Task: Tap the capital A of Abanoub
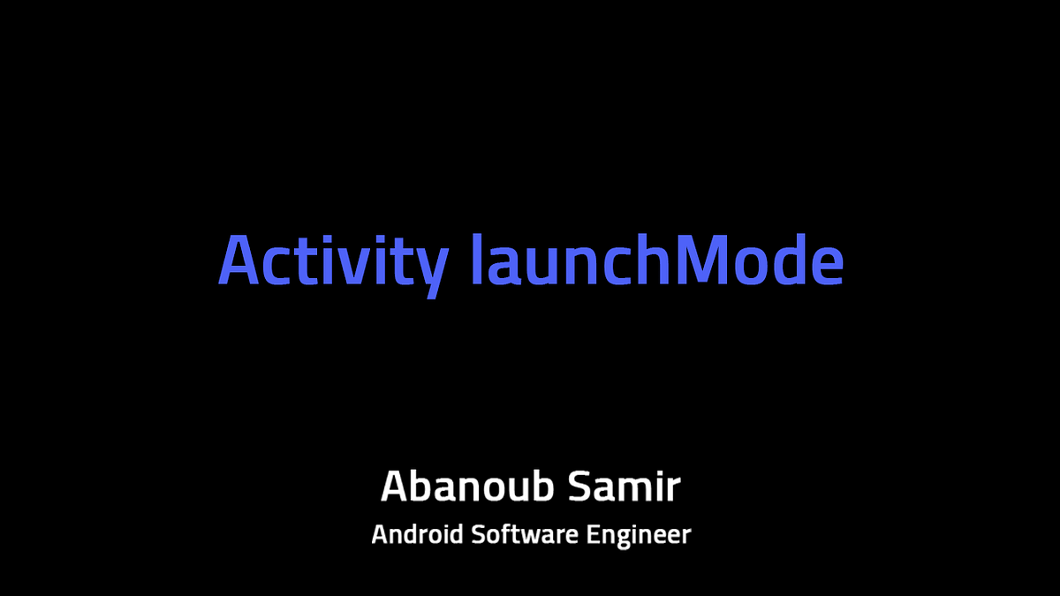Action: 395,487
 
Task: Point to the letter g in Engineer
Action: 631,539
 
